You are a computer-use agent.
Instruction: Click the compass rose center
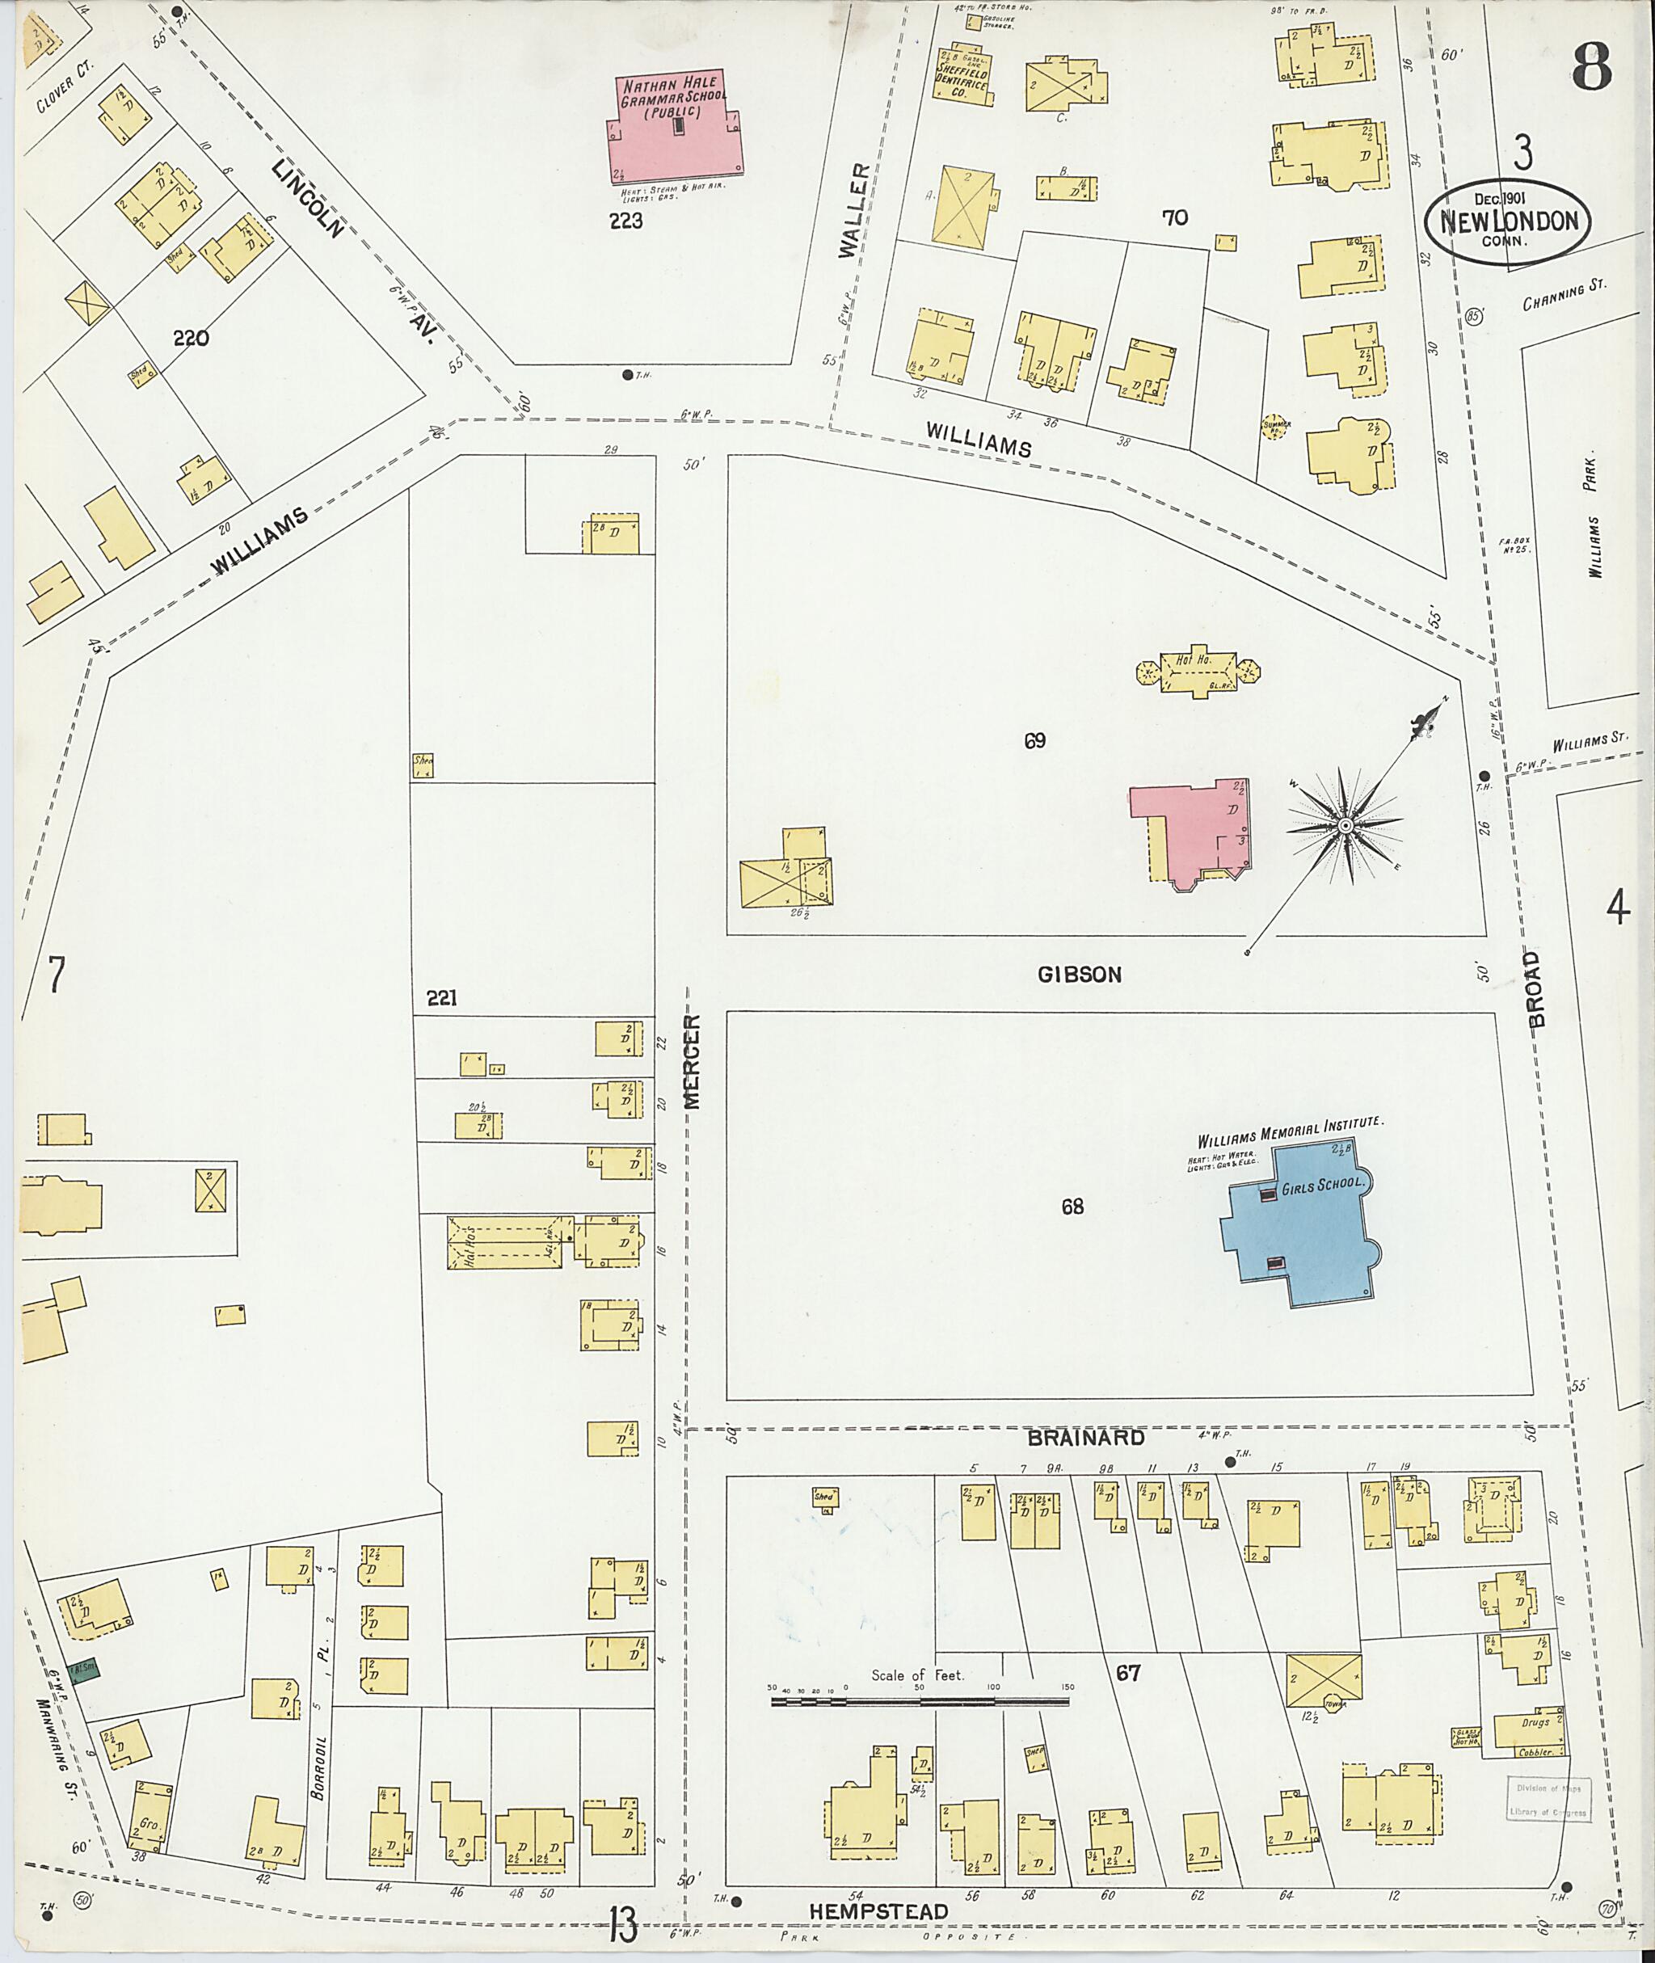[1345, 825]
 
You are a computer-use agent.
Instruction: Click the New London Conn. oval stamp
[1508, 221]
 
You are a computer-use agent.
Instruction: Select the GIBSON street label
[1079, 974]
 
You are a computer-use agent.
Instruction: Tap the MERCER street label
[693, 1061]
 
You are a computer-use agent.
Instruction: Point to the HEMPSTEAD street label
[878, 1911]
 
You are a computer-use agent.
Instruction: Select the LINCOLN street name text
[309, 198]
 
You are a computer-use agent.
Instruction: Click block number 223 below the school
[624, 221]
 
